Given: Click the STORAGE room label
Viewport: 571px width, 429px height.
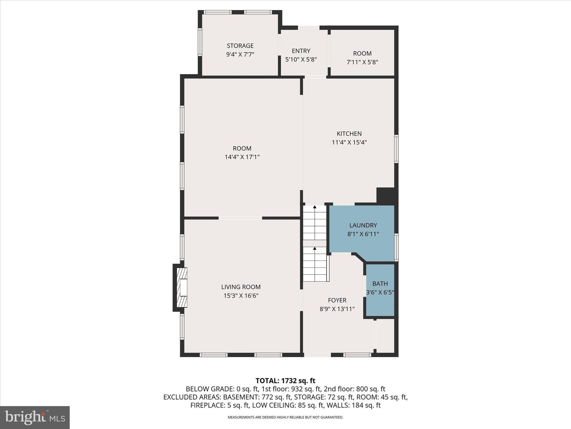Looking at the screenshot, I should point(240,46).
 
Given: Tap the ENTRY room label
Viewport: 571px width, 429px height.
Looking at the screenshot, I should point(301,51).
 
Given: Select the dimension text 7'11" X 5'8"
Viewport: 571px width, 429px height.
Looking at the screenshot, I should point(362,62).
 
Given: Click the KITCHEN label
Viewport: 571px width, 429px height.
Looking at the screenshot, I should point(349,134).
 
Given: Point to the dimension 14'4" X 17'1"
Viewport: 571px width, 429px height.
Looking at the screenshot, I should point(242,157).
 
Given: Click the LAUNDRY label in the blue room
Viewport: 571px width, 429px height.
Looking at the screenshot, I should point(363,225).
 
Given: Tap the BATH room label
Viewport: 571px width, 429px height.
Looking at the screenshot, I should point(380,284).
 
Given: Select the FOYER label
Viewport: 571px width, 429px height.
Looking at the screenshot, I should point(337,300).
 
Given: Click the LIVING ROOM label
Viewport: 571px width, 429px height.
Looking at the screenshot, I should point(241,287).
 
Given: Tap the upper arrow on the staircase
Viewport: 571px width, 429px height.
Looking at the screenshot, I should point(314,207).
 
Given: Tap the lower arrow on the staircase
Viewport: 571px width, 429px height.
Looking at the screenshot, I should point(314,248).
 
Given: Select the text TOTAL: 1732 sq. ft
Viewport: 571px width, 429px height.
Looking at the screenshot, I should point(285,381).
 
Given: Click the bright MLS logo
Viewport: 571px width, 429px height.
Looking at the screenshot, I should point(35,418).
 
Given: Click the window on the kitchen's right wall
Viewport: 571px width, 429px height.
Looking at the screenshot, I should point(396,149).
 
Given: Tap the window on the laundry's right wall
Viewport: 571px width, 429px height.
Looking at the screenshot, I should point(396,247).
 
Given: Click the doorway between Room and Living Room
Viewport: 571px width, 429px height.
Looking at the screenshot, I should point(240,218).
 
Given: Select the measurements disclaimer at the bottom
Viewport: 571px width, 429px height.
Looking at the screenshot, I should point(285,417).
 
